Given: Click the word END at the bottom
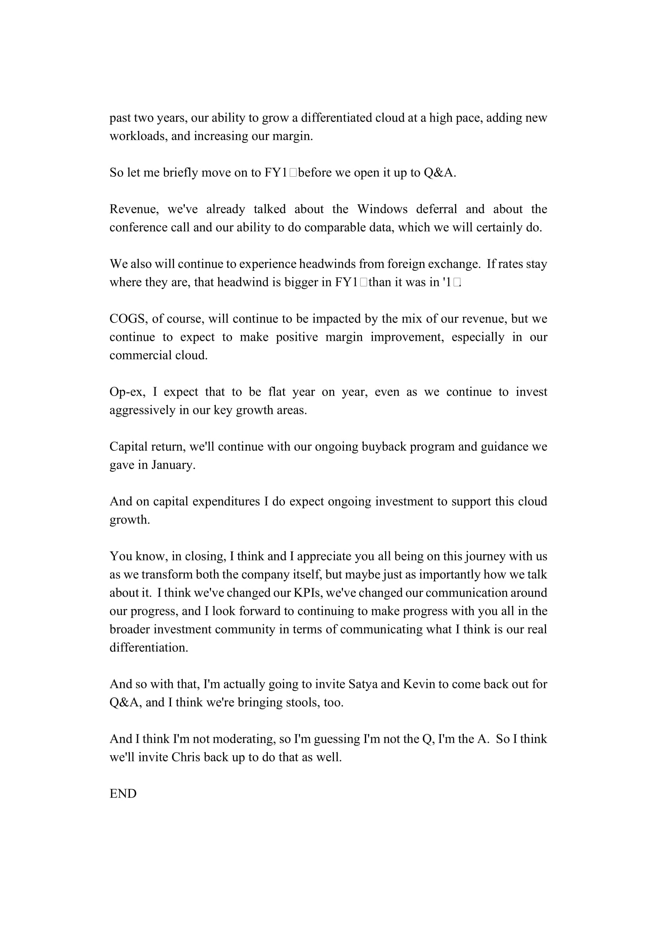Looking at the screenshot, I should [123, 794].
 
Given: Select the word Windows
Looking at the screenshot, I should [382, 209].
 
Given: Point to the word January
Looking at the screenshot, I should [173, 465].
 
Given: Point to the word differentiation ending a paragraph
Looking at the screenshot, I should [149, 647].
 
